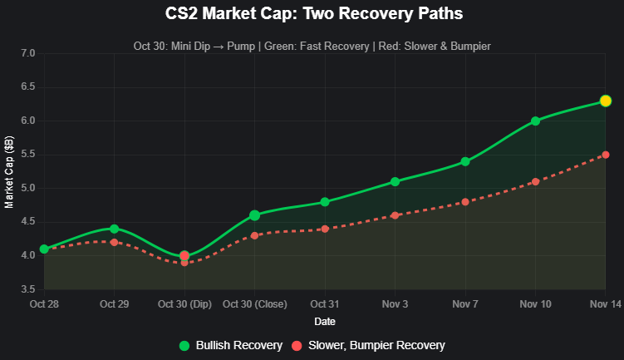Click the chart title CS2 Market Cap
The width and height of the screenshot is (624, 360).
point(312,14)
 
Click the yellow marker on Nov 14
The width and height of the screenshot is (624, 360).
point(606,101)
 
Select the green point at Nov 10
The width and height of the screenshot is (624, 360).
point(535,121)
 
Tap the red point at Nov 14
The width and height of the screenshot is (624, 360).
point(606,155)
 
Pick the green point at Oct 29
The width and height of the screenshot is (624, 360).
point(114,229)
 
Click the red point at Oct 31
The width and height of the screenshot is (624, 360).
point(325,229)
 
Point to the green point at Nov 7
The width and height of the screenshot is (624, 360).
point(465,161)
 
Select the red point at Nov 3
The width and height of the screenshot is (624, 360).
point(395,215)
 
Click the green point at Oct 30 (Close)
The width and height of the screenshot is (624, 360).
point(254,215)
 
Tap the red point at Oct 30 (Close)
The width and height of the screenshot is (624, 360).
point(254,235)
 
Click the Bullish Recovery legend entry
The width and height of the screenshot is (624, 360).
point(230,345)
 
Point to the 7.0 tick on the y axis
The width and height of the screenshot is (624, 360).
point(27,53)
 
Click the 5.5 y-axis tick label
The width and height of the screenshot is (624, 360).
point(27,155)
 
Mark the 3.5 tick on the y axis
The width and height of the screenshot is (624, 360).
point(27,289)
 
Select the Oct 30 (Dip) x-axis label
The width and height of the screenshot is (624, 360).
point(184,304)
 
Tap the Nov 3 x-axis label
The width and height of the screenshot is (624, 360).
point(395,304)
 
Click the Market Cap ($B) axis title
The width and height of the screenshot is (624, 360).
point(9,171)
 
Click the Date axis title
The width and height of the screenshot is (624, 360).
point(325,320)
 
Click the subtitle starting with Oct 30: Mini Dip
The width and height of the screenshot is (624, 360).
point(312,46)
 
